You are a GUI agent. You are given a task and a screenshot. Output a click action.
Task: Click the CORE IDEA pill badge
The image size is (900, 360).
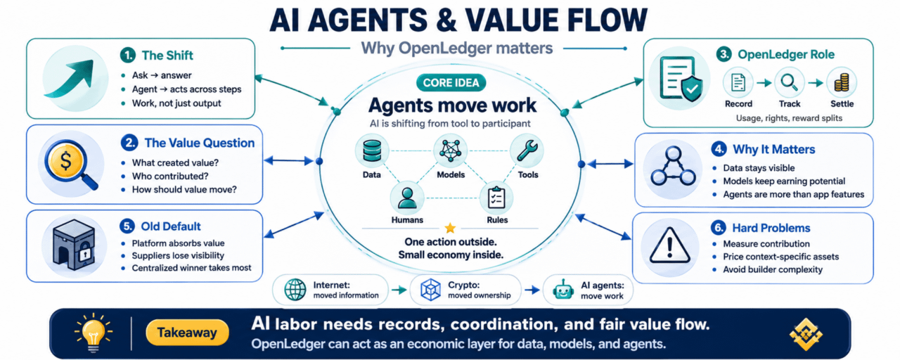point(451,83)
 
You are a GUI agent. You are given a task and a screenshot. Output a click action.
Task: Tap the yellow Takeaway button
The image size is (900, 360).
point(187,333)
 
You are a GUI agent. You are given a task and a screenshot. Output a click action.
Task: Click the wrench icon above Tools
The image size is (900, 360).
point(527,150)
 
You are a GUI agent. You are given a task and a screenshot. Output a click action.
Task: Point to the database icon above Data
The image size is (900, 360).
point(372,150)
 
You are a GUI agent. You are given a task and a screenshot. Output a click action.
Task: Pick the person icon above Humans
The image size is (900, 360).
point(407,198)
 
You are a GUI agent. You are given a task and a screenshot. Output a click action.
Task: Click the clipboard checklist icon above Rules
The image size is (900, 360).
point(496,198)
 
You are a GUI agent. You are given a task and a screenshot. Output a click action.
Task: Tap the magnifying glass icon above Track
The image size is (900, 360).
point(790,83)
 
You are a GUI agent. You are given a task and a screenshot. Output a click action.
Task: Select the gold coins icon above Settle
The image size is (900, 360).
point(842,83)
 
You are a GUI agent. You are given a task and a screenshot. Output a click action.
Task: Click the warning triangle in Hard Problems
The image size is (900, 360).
point(670,245)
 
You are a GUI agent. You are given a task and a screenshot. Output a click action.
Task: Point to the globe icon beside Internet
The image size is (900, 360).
point(295,290)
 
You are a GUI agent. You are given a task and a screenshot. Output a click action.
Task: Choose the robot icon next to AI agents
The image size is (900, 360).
point(563,290)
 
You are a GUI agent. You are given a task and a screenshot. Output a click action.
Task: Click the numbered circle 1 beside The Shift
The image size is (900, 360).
point(128,55)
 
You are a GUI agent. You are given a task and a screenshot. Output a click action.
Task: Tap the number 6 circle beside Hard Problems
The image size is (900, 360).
point(719,228)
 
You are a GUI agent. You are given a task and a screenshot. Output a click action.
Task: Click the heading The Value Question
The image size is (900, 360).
point(200,143)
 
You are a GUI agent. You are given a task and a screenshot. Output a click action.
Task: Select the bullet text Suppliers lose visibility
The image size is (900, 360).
point(178,255)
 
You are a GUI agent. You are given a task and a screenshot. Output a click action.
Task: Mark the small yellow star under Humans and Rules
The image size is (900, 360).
point(450,229)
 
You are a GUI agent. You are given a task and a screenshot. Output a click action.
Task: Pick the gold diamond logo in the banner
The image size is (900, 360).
point(806,334)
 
